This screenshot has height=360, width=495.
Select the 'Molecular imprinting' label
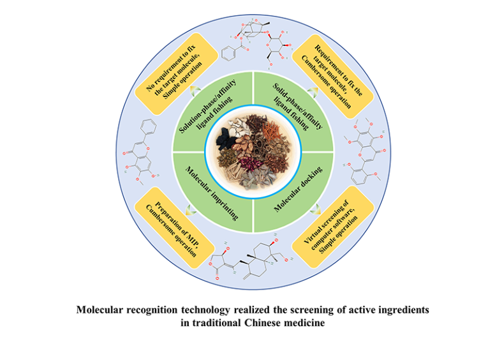(x=211, y=192)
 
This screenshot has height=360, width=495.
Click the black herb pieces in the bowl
(x=226, y=138)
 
